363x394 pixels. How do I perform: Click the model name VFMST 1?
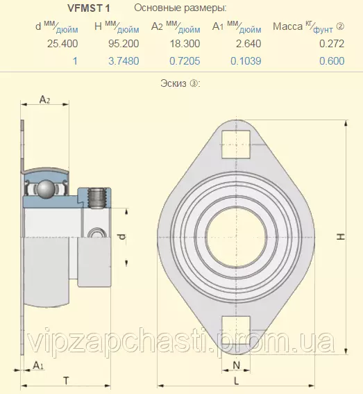tap(89, 8)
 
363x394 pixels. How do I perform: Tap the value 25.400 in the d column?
tap(62, 44)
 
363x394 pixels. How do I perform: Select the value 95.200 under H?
tap(124, 44)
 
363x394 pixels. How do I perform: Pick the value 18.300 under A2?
tap(185, 44)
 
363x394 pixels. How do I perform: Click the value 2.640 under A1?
tap(248, 44)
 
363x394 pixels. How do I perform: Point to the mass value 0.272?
tap(332, 44)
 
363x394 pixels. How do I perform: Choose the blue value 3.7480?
tap(124, 61)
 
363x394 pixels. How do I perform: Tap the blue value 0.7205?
tap(185, 61)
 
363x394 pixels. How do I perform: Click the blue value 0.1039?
tap(246, 61)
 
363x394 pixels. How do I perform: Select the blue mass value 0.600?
tap(332, 61)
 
